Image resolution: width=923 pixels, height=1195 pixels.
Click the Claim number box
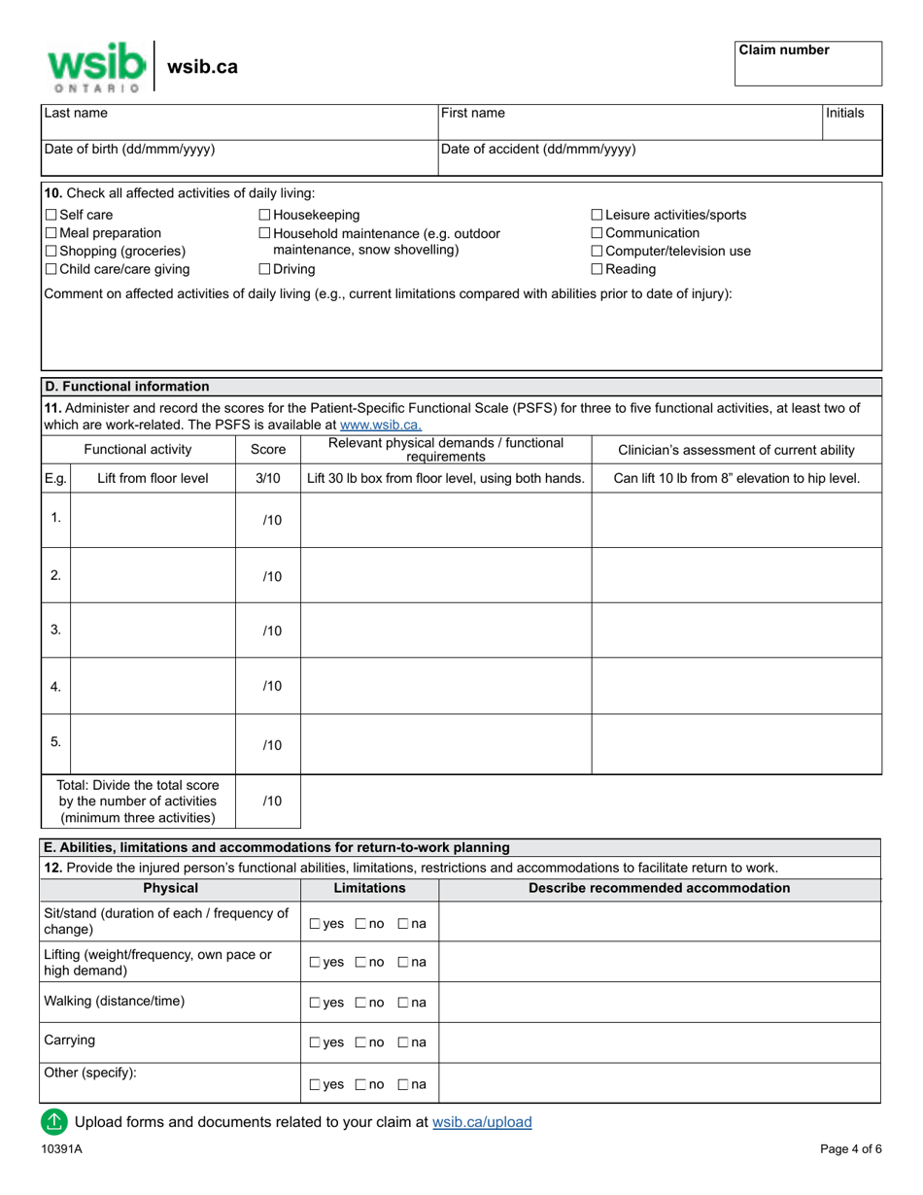807,63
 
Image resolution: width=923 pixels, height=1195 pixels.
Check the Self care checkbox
51,215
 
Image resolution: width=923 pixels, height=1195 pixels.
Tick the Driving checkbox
265,269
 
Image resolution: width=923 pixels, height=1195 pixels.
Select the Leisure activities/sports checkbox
597,215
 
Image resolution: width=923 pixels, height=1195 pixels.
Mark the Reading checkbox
597,269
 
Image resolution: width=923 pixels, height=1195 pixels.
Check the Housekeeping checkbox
265,215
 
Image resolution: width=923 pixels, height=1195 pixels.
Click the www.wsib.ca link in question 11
381,425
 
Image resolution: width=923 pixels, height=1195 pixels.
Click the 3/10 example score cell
268,478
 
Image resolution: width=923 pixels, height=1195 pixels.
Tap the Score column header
268,450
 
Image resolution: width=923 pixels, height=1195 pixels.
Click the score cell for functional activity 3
268,631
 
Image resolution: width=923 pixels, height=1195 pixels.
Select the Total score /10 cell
268,802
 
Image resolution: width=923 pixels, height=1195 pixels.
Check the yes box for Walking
315,1003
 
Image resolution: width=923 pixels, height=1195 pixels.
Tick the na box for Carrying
403,1042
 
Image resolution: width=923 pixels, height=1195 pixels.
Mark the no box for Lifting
360,962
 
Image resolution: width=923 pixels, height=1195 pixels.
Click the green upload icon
54,1122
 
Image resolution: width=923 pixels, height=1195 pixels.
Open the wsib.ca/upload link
482,1122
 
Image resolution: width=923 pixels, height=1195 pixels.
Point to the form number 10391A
61,1149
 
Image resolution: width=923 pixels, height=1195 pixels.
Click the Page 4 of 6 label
850,1149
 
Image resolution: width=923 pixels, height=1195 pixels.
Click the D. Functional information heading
126,386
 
